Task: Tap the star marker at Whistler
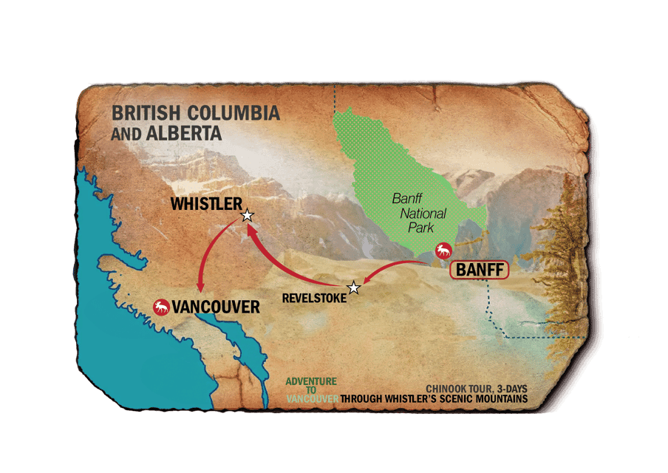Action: click(248, 216)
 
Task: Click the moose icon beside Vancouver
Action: click(160, 306)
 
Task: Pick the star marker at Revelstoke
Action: click(354, 287)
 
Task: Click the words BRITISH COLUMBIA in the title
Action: click(195, 114)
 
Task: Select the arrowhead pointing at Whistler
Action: click(251, 231)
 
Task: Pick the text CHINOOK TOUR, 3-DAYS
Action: click(477, 389)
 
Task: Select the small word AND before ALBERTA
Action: click(123, 135)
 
